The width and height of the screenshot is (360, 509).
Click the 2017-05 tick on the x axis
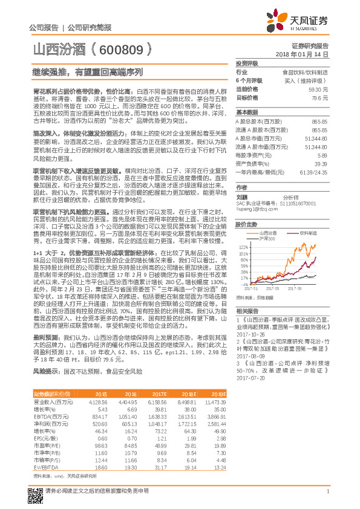pyautogui.click(x=273, y=288)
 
